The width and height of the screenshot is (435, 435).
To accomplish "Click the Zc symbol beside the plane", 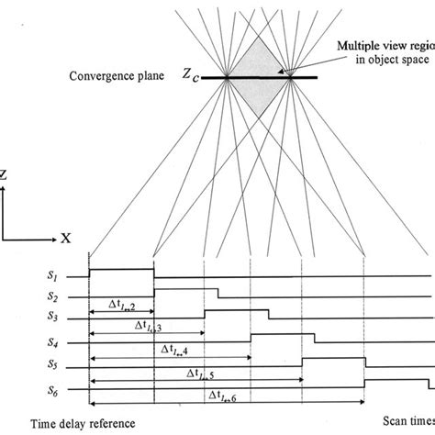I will coord(187,80).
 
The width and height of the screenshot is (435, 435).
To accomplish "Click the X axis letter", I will coord(66,238).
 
